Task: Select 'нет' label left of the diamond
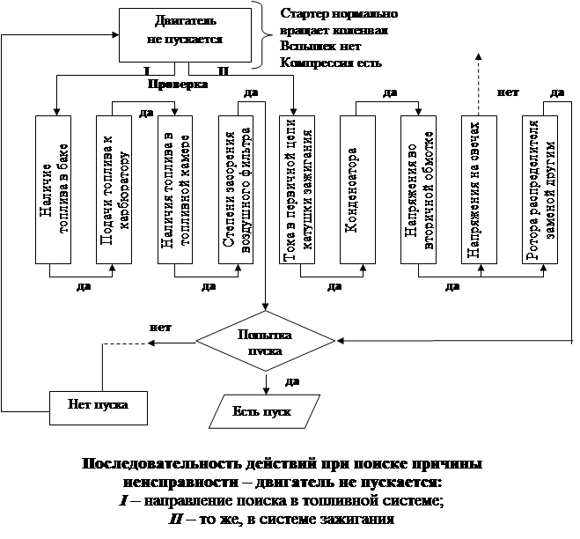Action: [161, 327]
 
